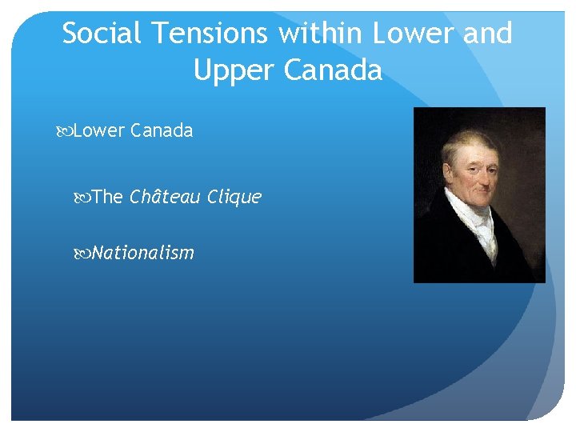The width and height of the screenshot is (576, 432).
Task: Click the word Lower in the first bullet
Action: pyautogui.click(x=96, y=131)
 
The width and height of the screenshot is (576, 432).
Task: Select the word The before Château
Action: pyautogui.click(x=107, y=197)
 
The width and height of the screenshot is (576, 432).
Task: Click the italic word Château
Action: pyautogui.click(x=165, y=197)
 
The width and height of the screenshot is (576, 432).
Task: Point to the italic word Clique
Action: pyautogui.click(x=234, y=197)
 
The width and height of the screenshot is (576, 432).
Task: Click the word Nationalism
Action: pyautogui.click(x=143, y=254)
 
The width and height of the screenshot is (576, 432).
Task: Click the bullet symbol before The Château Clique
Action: pyautogui.click(x=85, y=198)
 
